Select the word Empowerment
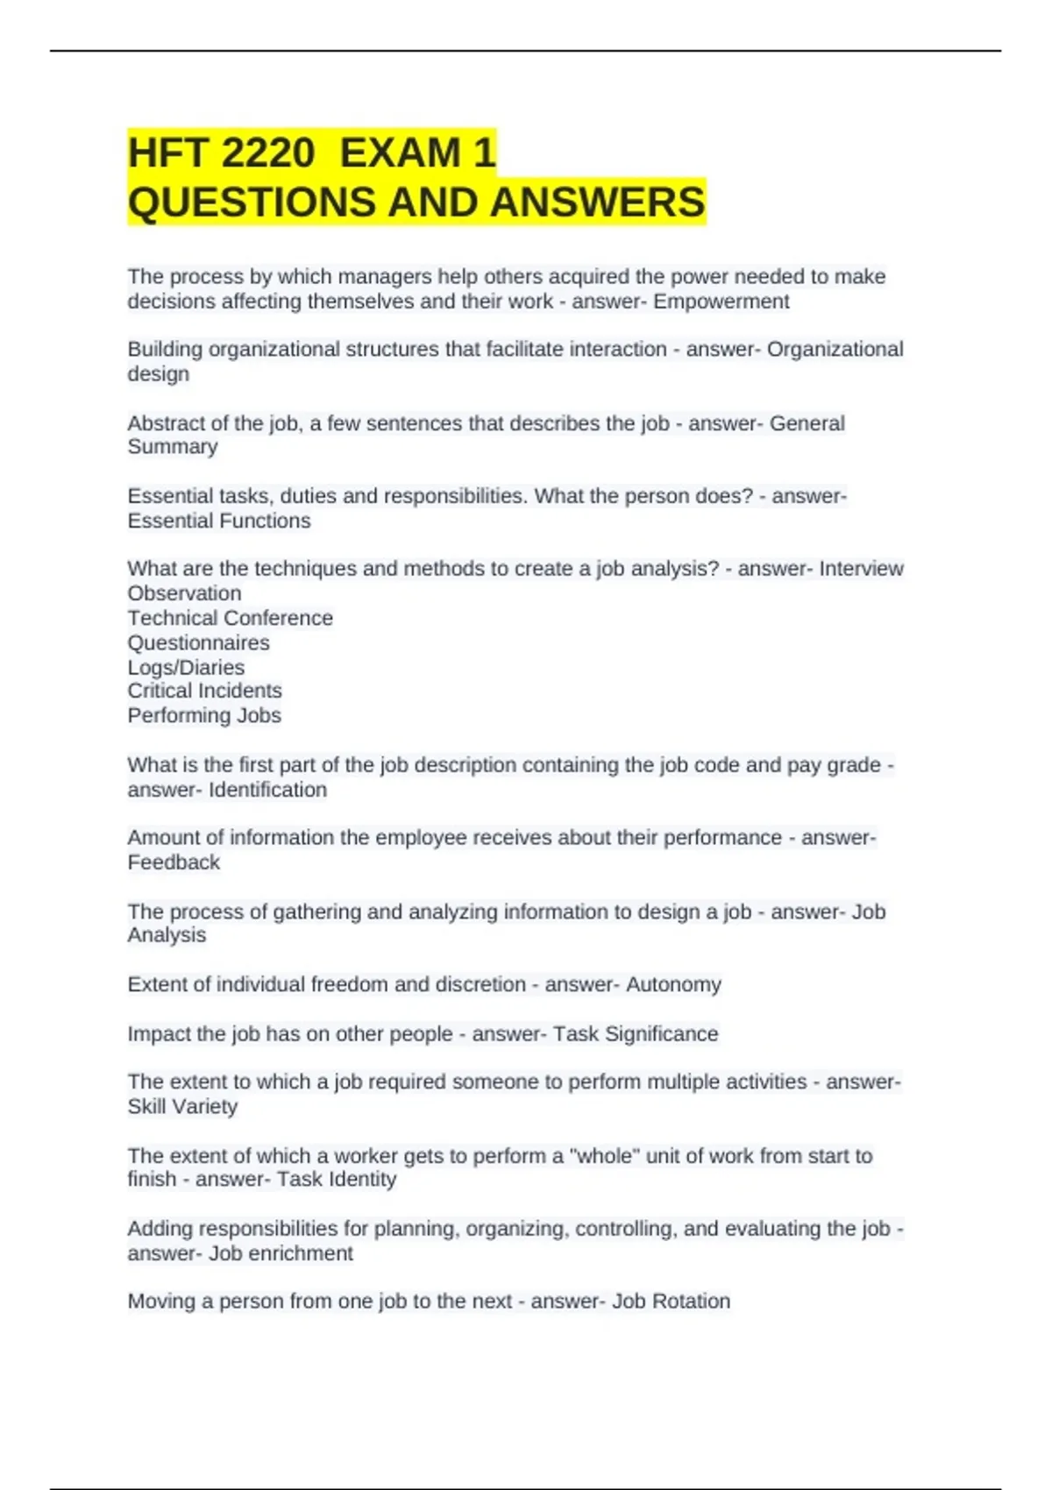(721, 302)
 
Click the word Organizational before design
(835, 349)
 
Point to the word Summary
(173, 447)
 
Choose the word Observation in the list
(184, 593)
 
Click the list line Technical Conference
(230, 618)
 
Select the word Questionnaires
(198, 642)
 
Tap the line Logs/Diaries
(186, 667)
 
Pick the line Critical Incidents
(204, 691)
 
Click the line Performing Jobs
(204, 715)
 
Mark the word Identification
(267, 790)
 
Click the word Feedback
(174, 862)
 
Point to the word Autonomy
(673, 984)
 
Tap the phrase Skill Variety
(182, 1107)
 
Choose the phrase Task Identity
(337, 1180)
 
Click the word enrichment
(301, 1253)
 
